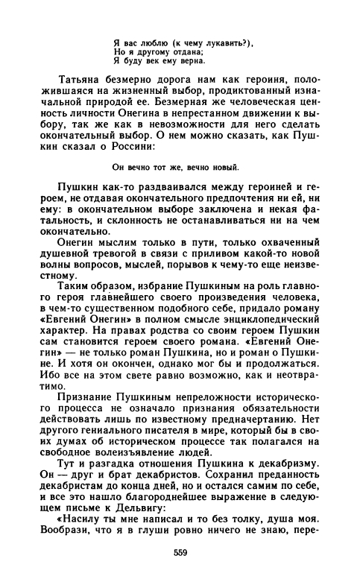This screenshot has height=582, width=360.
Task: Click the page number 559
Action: click(180, 552)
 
